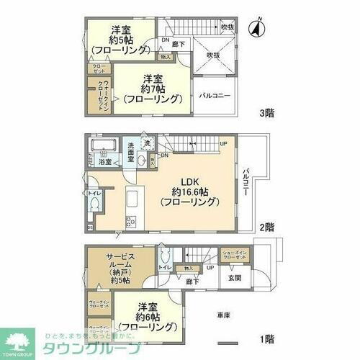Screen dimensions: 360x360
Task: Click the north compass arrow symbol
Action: click(x=253, y=30)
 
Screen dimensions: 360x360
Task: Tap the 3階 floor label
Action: click(x=266, y=113)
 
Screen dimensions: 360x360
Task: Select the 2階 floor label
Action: click(x=266, y=226)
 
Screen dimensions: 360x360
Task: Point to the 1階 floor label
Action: click(x=266, y=338)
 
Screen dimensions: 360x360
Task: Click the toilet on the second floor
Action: click(x=94, y=204)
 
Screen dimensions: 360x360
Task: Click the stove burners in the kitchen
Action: click(x=131, y=221)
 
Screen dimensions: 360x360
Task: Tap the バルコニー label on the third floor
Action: click(x=214, y=95)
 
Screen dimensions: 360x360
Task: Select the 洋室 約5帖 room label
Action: click(x=121, y=40)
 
